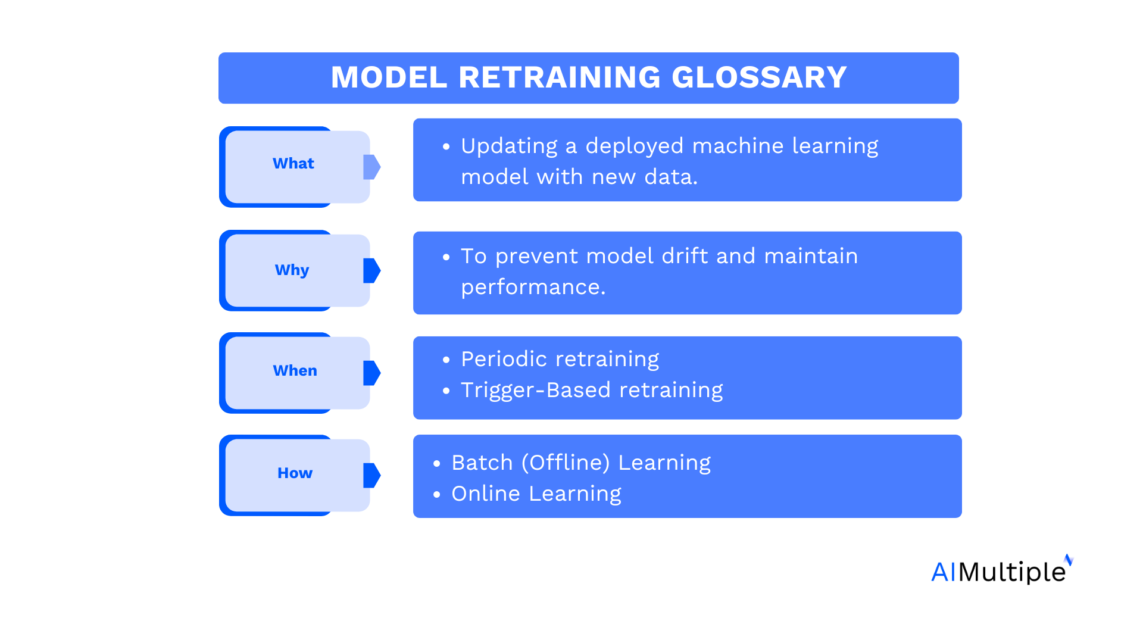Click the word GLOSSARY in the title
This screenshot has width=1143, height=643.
click(759, 77)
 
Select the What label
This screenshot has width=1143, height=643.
click(293, 164)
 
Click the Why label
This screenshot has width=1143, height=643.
click(292, 270)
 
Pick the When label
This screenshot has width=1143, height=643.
click(295, 370)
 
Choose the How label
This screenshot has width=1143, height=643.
click(295, 473)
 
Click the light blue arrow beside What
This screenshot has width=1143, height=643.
click(371, 167)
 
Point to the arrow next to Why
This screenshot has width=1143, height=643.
click(371, 270)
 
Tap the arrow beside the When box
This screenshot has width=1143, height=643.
click(371, 373)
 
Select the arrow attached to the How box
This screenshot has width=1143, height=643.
click(371, 475)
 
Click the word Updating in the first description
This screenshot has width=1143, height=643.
click(509, 146)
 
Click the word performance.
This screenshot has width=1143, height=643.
click(533, 288)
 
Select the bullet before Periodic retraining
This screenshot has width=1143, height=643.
click(446, 360)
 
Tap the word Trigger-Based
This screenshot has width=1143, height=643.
click(535, 390)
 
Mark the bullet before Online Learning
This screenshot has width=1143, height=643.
click(437, 495)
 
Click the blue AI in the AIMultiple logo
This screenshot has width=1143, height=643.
click(943, 572)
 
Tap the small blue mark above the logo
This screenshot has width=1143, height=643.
click(1069, 560)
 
